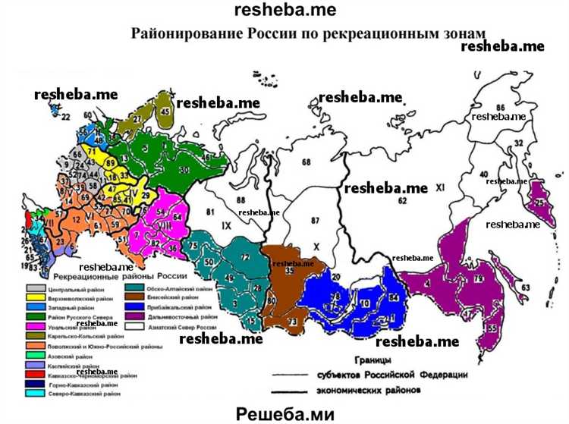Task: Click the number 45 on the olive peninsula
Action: coord(165,111)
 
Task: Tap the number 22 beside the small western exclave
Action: coord(65,116)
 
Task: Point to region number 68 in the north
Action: coord(306,162)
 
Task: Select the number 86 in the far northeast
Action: coord(500,108)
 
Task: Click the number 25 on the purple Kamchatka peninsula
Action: coord(539,204)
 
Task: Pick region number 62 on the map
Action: coord(402,200)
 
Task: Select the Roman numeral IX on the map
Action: coord(226,225)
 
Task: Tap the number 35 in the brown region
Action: coord(289,270)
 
